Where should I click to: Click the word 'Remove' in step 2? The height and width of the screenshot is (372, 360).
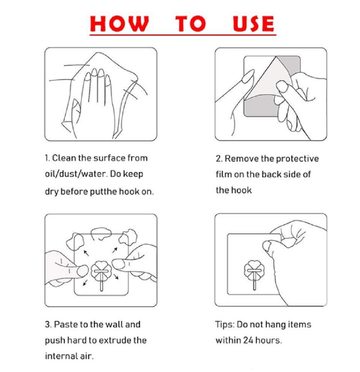pos(241,159)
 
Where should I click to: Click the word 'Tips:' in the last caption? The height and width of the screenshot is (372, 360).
pos(225,325)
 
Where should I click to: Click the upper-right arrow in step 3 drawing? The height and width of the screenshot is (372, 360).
pos(115,250)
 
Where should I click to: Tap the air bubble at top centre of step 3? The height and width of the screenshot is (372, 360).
pos(100,234)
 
